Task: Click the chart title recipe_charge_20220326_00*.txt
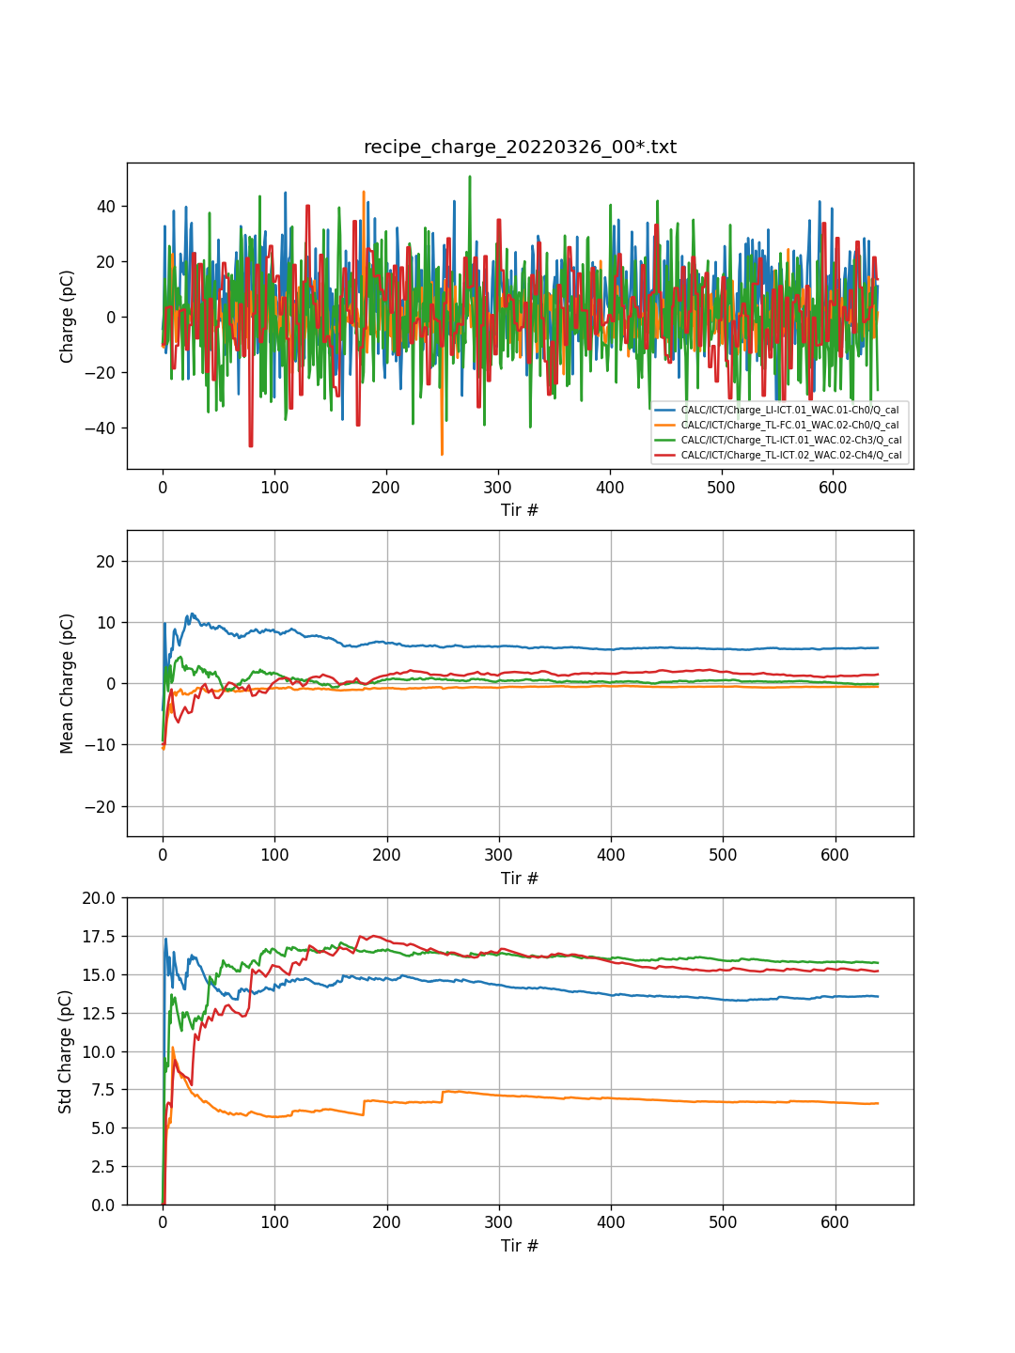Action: [x=520, y=148]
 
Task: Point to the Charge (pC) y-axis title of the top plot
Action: [x=68, y=317]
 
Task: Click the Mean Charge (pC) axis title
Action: [x=68, y=683]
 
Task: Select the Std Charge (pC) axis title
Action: [x=66, y=1051]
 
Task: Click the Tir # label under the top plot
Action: [x=520, y=510]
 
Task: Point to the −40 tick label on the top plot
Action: [x=100, y=428]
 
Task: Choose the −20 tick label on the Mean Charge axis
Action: [x=100, y=807]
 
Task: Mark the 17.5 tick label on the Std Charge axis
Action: [x=100, y=937]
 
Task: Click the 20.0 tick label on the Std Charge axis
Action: [x=100, y=898]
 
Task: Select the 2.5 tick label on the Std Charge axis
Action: [x=103, y=1167]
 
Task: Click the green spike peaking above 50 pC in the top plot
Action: [x=470, y=178]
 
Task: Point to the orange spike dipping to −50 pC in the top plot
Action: [x=442, y=453]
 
